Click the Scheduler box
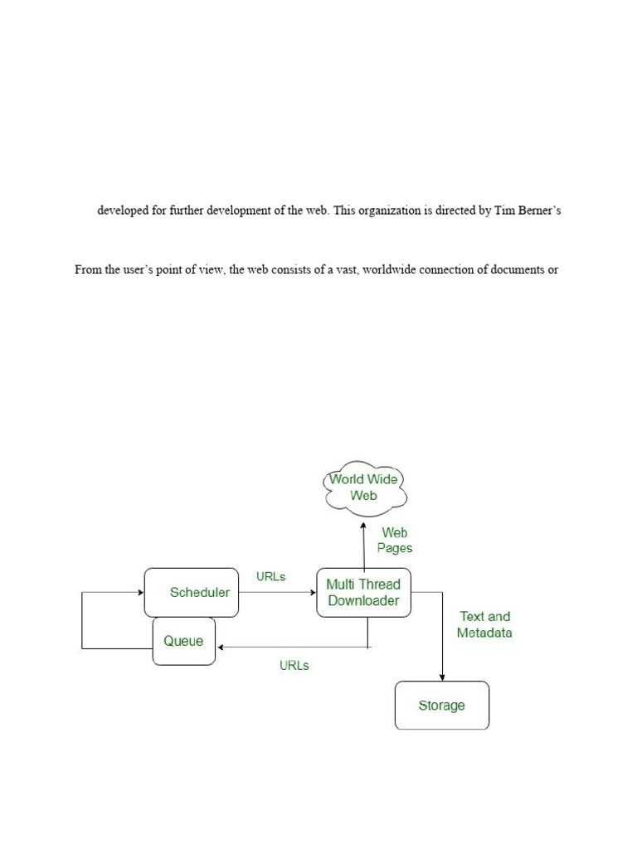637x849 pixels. [x=192, y=592]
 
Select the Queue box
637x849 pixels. [x=183, y=641]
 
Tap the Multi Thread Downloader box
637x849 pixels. [x=363, y=592]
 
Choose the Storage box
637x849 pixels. [x=441, y=706]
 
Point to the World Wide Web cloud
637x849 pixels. [x=364, y=488]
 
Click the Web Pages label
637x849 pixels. [x=395, y=541]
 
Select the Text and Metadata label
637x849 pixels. [x=485, y=624]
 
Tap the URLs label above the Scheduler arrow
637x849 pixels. [x=271, y=576]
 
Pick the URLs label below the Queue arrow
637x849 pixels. [x=294, y=665]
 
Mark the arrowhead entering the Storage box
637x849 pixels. [x=442, y=677]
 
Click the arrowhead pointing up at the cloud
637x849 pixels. [x=363, y=524]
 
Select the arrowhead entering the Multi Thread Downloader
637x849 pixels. [x=312, y=592]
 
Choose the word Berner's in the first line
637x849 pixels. [x=541, y=211]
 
